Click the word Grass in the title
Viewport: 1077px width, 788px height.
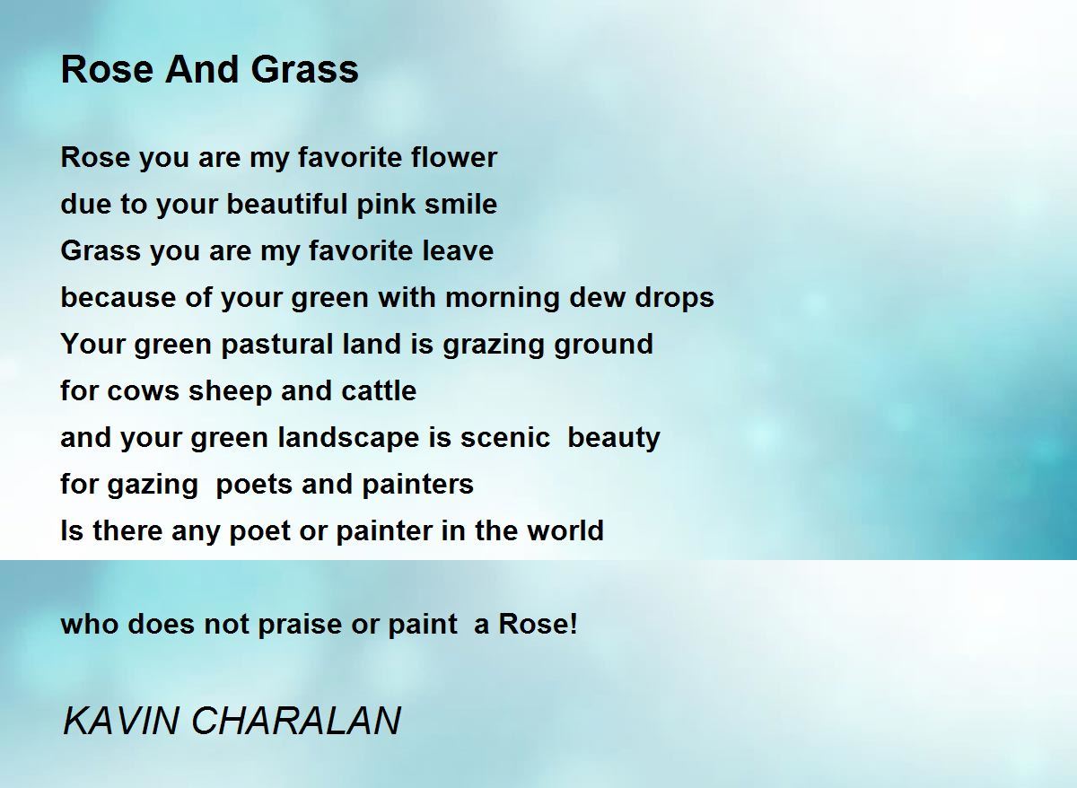click(x=304, y=69)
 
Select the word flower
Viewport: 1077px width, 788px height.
click(x=454, y=157)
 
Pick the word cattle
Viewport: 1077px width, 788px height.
click(x=379, y=390)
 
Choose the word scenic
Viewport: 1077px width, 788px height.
click(x=504, y=437)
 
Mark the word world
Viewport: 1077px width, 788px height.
click(x=565, y=530)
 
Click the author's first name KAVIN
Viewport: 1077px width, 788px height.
click(x=120, y=722)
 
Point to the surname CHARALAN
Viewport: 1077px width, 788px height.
click(x=296, y=722)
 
